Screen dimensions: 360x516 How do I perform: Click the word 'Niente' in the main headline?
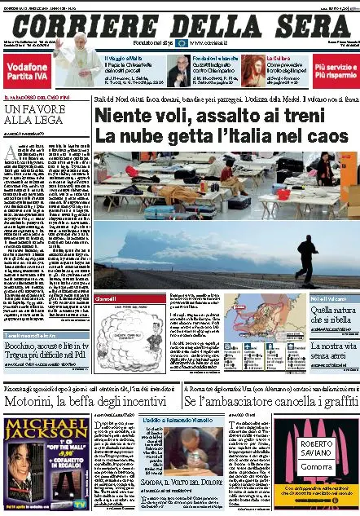pos(126,116)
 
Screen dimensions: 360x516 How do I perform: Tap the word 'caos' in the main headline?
pos(323,135)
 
